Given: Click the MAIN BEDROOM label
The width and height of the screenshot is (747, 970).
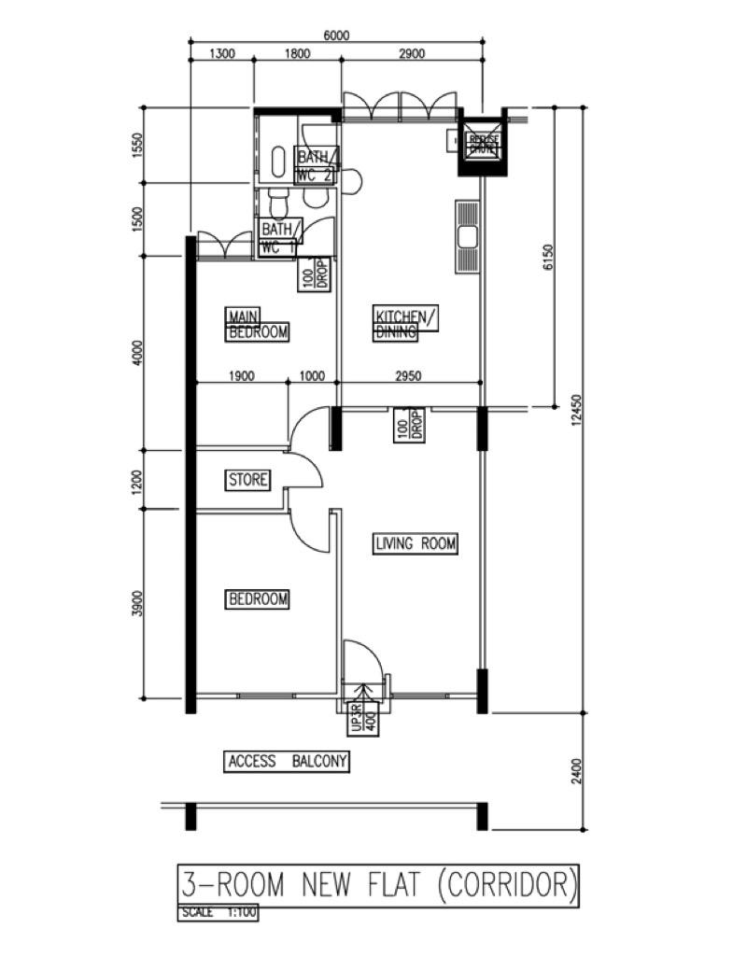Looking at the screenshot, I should (258, 324).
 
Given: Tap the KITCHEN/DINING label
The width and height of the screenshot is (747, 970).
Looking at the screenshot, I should (404, 324).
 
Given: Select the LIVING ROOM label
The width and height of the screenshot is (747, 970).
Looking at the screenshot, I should (416, 543).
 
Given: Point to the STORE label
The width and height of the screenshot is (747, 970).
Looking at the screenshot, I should (248, 480).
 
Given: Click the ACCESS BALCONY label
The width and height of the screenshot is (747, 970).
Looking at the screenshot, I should (288, 762).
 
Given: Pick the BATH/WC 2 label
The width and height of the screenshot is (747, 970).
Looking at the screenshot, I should (316, 166).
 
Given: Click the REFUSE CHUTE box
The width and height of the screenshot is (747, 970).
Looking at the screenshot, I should (484, 144).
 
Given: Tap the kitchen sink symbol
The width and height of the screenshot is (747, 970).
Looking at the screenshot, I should (467, 236).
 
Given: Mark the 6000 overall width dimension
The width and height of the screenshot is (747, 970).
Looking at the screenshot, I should (336, 35).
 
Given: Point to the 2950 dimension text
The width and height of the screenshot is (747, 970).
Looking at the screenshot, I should (408, 376).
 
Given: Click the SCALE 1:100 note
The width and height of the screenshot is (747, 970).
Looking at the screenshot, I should (218, 913).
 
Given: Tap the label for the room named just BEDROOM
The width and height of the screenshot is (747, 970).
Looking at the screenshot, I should (258, 598).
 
